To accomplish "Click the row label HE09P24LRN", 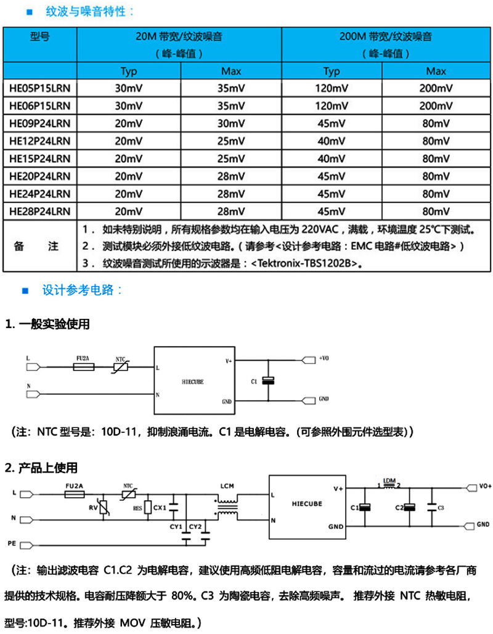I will tap(40, 121).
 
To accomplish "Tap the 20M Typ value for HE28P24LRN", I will tap(129, 212).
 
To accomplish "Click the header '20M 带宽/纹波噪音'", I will tap(179, 37).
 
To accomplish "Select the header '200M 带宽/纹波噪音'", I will tap(385, 37).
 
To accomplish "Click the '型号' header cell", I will tap(40, 37).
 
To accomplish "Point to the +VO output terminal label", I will tap(324, 358).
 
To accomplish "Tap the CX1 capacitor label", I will tap(160, 508).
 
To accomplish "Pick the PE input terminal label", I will tap(12, 543).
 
